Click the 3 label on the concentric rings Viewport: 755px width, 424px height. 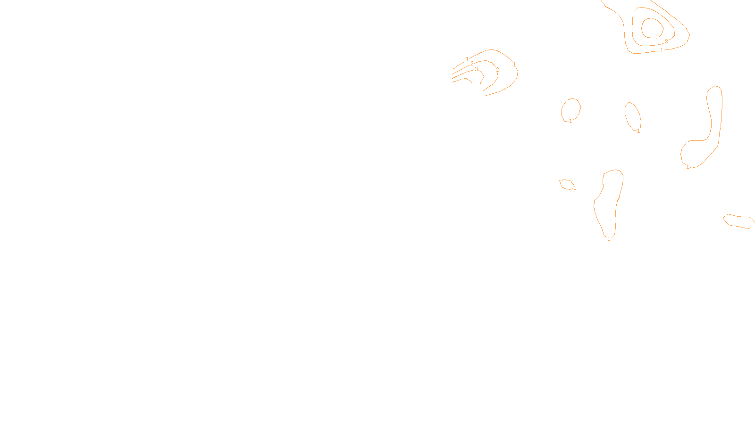coord(657,37)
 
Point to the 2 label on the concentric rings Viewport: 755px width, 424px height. coord(666,41)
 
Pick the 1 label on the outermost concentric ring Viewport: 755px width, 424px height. coord(662,50)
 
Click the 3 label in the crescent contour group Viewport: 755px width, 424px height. coord(476,69)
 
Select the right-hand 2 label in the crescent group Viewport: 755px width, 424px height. coord(497,70)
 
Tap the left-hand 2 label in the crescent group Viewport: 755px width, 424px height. coord(472,64)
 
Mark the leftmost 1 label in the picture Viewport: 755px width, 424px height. coord(467,59)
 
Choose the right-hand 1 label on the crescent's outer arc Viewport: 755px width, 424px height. coord(514,65)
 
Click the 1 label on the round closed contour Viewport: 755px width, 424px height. coord(570,121)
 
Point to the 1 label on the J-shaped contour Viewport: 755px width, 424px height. coord(688,167)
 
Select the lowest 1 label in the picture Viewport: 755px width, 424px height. coord(609,239)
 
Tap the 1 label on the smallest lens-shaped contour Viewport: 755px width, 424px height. coord(575,188)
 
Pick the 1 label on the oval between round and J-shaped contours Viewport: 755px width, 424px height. coord(638,131)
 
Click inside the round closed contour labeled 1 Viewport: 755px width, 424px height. coord(570,109)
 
